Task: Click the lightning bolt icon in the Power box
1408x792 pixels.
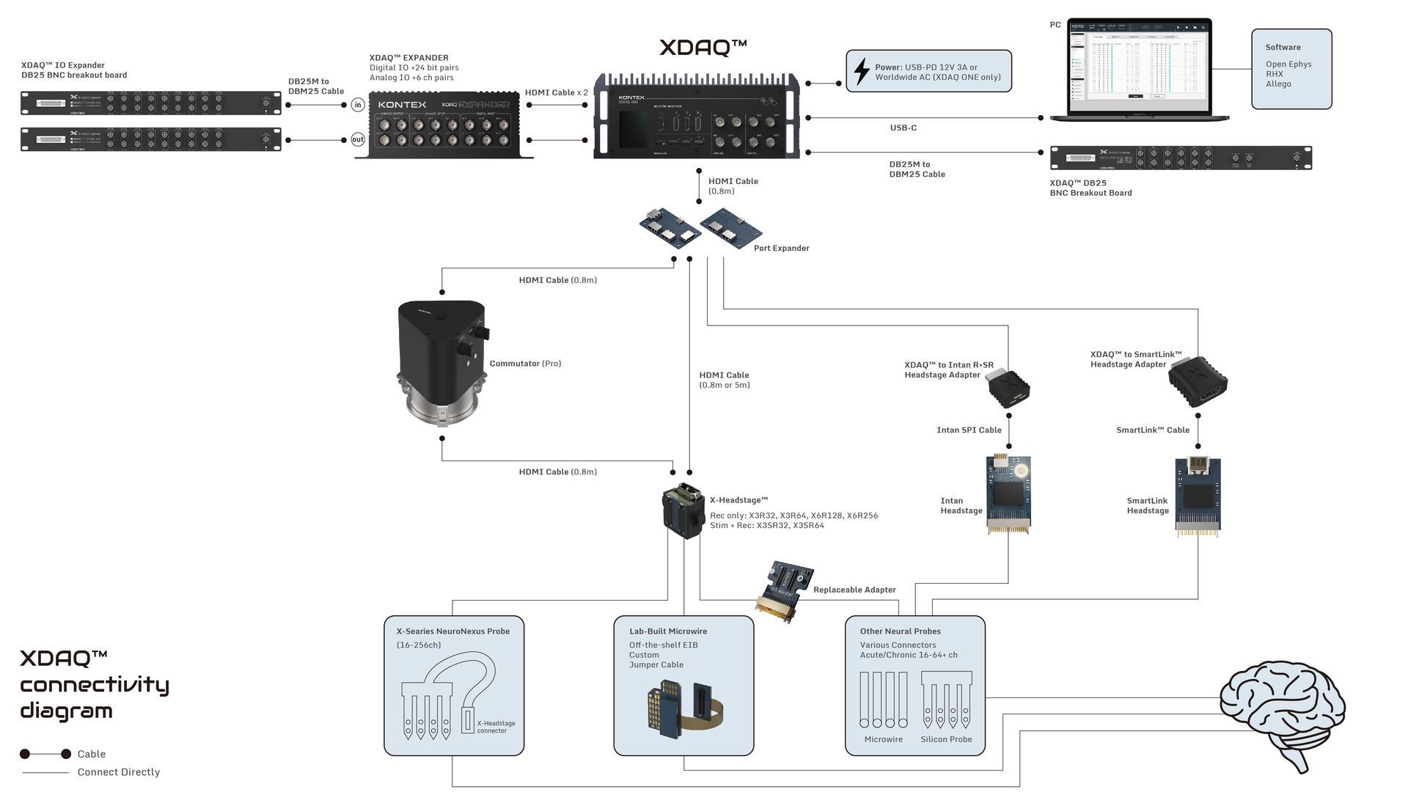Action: coord(862,72)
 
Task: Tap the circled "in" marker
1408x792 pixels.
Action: coord(358,105)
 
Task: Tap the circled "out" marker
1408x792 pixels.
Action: coord(358,139)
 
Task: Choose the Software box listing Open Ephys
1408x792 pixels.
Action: coord(1291,69)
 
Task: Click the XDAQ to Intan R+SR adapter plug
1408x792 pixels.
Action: coord(1008,388)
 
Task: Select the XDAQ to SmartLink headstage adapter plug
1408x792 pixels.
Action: coord(1198,383)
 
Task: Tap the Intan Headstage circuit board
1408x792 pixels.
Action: coord(1008,494)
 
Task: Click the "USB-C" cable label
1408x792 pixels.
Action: coord(903,128)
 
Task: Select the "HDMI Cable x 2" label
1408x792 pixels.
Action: coord(556,92)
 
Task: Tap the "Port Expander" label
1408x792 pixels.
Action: coord(781,248)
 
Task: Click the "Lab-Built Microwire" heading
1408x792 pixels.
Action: coord(667,631)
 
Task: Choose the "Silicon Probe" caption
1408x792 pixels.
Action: coord(946,739)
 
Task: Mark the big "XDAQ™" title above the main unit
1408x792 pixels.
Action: coord(703,48)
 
